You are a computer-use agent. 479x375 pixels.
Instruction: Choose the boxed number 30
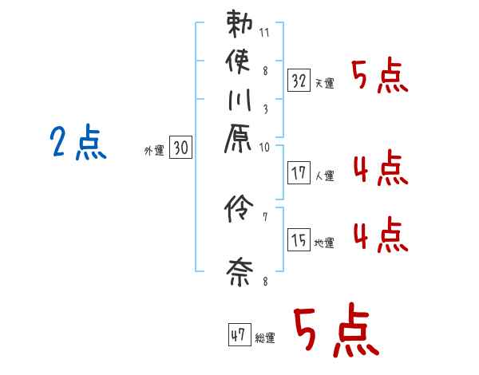pos(181,148)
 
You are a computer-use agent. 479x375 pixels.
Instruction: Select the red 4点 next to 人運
pos(379,169)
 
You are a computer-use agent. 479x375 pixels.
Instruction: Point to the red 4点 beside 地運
pos(379,236)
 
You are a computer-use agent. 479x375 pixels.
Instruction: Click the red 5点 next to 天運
pos(379,77)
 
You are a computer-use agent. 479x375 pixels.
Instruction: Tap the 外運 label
pos(154,150)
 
